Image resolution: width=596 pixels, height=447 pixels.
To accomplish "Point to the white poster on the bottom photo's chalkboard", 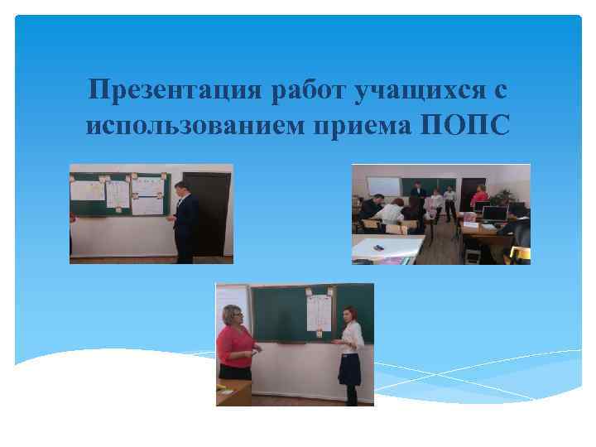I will click(x=319, y=310).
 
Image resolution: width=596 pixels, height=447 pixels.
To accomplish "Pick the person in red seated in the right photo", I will click(x=478, y=199).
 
